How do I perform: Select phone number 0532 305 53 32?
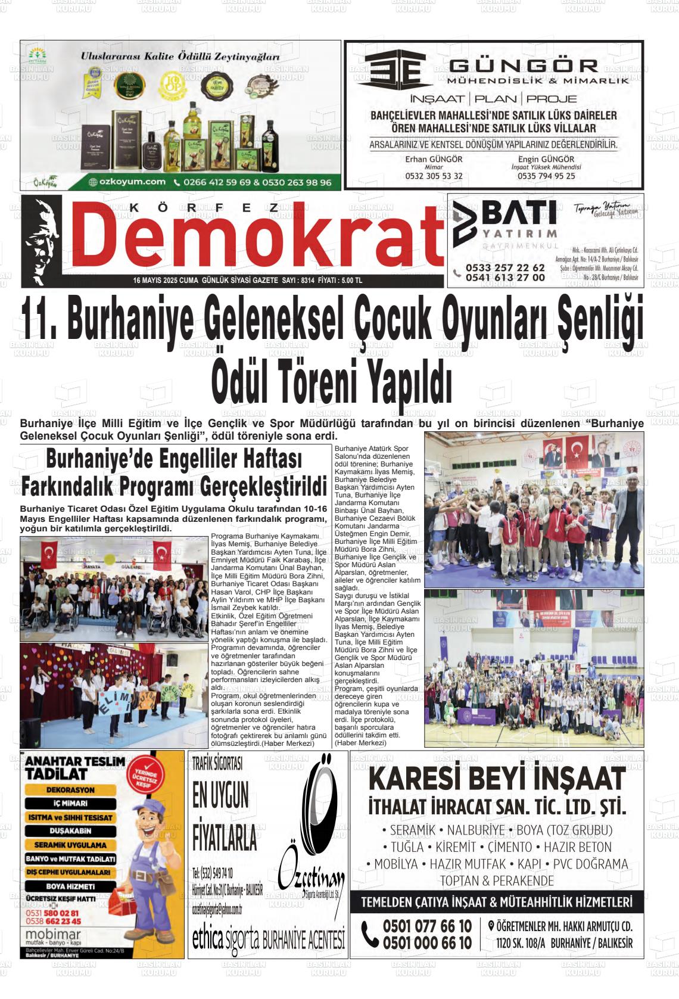coord(434,176)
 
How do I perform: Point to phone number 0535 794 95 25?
coord(546,176)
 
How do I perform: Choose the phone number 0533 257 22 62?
coord(505,267)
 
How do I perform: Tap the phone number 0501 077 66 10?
coord(427,926)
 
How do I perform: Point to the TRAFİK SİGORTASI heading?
coord(217,763)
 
